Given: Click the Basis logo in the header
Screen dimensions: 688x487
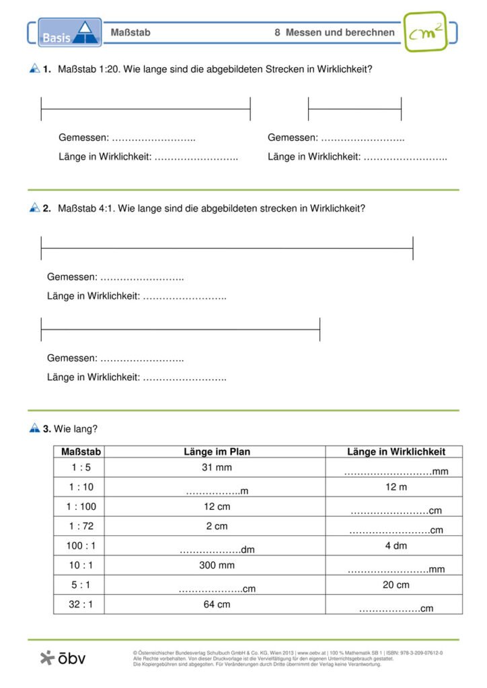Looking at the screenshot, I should [69, 33].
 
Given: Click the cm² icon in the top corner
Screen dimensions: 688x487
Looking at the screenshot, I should [425, 32].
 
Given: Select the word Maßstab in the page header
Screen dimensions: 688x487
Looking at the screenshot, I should [130, 32].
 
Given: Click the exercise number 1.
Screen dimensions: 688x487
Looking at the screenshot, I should [46, 69].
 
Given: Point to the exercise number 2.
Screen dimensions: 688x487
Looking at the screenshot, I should [46, 208].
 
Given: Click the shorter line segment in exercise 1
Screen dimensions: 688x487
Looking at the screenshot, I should [354, 109].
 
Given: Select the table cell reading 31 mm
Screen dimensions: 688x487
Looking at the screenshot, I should [217, 468].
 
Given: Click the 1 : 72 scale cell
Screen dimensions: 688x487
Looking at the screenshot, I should [79, 526].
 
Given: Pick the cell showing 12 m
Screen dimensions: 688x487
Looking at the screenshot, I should [396, 486].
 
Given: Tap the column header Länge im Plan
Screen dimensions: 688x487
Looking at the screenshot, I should [217, 452].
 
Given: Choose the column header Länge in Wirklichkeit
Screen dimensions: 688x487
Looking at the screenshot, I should [396, 452].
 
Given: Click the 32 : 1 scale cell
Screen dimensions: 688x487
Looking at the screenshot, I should [79, 604].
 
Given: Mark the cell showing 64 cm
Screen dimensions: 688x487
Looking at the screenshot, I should [217, 604].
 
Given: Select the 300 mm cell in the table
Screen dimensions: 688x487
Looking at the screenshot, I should [217, 565].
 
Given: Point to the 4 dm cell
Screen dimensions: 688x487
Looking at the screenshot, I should [396, 546].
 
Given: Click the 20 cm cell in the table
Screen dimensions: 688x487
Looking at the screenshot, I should [396, 585].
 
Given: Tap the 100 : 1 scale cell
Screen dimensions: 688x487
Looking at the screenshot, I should [79, 546].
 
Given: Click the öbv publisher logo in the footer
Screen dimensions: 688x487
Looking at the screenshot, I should [63, 658].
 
